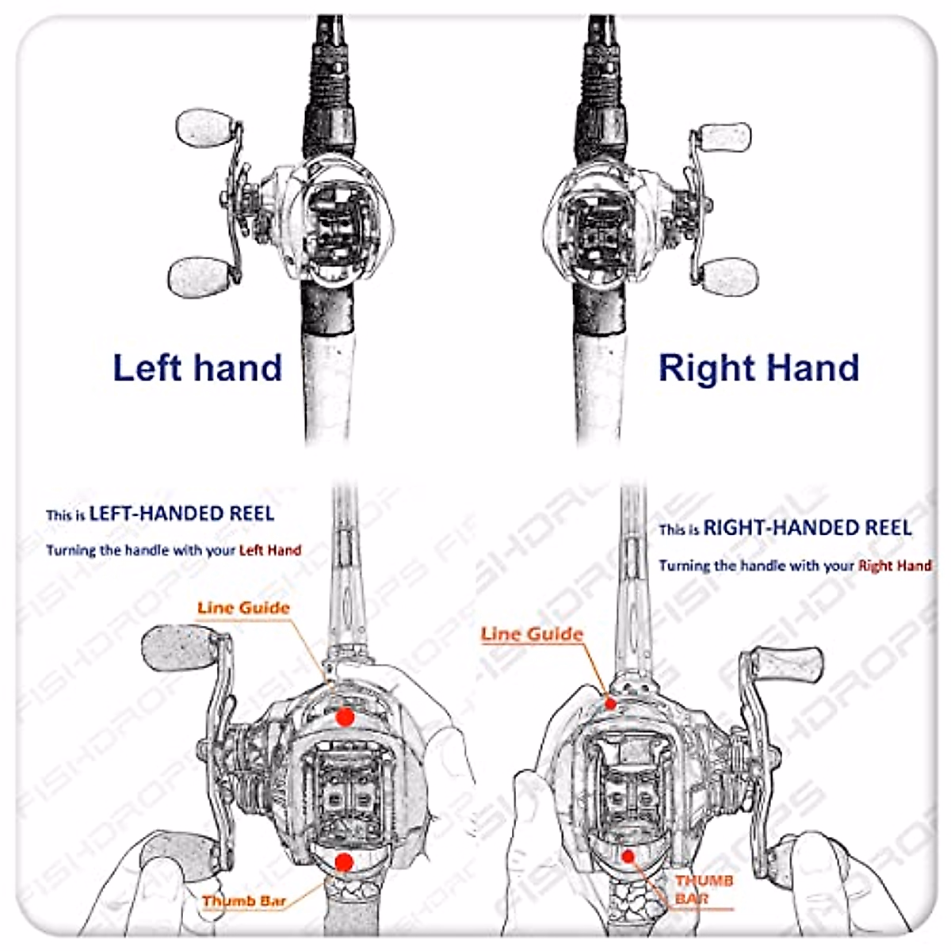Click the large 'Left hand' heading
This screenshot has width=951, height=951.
pyautogui.click(x=197, y=368)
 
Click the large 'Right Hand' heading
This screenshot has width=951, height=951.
pyautogui.click(x=758, y=369)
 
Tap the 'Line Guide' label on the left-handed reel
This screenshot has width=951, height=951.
pyautogui.click(x=243, y=608)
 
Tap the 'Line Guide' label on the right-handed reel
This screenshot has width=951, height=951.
pyautogui.click(x=532, y=634)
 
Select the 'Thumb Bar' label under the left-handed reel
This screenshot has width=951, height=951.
pyautogui.click(x=243, y=901)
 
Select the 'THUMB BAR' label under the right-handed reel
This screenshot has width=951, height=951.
pyautogui.click(x=704, y=889)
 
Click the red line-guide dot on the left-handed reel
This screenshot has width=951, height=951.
pyautogui.click(x=344, y=716)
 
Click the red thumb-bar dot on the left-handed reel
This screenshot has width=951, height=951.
pyautogui.click(x=343, y=862)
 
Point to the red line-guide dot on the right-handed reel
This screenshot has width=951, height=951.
pyautogui.click(x=610, y=702)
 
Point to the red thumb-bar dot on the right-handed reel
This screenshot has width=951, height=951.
pyautogui.click(x=628, y=856)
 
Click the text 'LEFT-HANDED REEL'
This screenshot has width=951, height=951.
pyautogui.click(x=181, y=514)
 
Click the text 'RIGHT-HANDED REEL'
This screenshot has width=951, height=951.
pyautogui.click(x=807, y=528)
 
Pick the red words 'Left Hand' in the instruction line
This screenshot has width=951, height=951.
pyautogui.click(x=270, y=550)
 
